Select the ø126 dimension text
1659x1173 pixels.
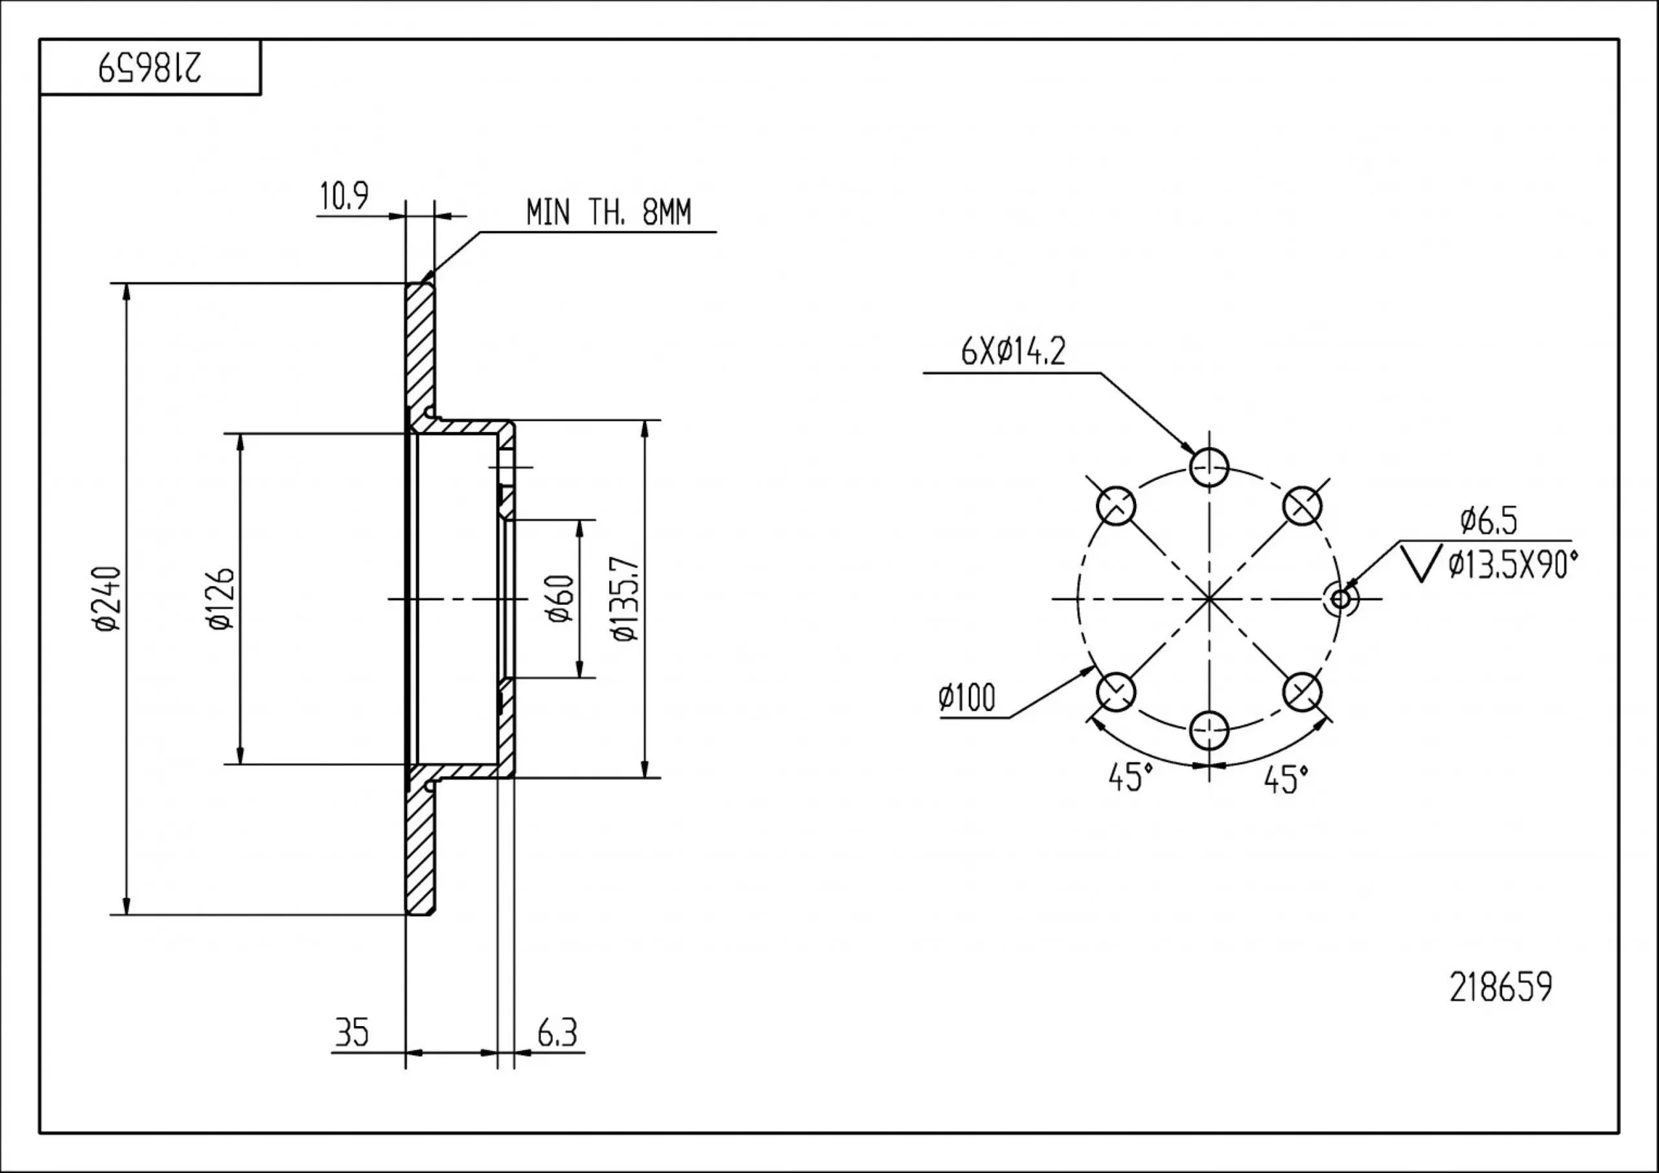pos(221,598)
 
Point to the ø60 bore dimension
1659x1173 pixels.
pos(561,598)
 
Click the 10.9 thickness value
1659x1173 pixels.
pos(344,196)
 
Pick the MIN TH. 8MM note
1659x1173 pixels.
pos(609,212)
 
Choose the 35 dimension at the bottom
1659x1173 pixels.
pos(352,1032)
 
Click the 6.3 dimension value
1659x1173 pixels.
pos(557,1033)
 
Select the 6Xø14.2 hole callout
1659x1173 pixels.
pos(1013,352)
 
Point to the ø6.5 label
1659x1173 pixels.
pos(1489,520)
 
